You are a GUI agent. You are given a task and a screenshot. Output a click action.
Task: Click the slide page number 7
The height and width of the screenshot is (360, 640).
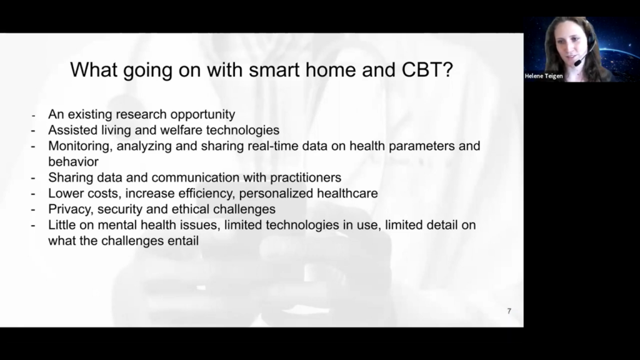509,311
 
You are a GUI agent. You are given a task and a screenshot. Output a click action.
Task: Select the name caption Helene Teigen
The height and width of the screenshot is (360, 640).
544,76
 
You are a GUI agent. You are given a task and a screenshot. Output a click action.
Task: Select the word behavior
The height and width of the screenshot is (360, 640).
74,162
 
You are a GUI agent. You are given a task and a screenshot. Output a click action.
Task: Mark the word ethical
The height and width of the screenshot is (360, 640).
190,209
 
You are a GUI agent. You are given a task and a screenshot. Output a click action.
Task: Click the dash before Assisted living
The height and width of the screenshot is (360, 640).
33,131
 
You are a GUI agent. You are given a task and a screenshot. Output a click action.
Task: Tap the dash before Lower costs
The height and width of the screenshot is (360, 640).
33,194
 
